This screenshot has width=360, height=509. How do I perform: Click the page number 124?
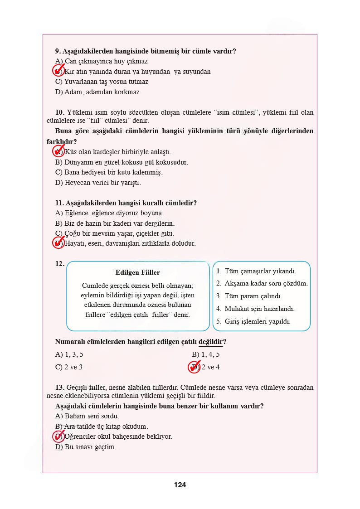click(180, 485)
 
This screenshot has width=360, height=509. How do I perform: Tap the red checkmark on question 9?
click(58, 71)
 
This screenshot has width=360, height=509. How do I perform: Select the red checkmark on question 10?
click(58, 151)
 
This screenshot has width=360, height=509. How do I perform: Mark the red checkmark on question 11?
click(58, 243)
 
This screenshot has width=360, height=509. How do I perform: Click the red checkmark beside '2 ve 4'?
click(195, 367)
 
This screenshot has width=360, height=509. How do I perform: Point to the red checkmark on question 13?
click(58, 436)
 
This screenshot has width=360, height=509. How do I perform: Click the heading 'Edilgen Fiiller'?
click(137, 272)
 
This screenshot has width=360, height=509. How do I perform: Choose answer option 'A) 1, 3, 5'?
click(69, 354)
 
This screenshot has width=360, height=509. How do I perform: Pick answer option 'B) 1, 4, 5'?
click(206, 354)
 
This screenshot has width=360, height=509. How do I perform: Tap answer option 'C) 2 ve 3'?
click(68, 367)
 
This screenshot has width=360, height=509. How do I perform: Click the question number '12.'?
click(59, 264)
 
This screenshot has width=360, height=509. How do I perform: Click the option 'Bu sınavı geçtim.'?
click(86, 447)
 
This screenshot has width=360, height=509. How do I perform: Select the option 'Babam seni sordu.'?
click(87, 416)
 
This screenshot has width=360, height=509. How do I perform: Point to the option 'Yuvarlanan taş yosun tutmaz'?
click(102, 82)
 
